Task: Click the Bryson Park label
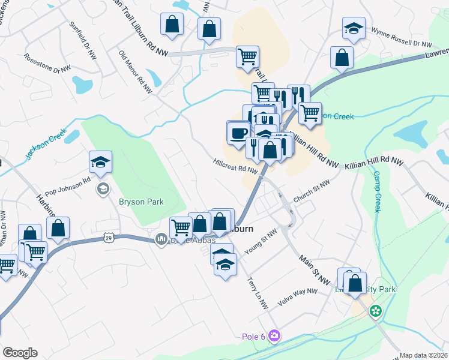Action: point(141,202)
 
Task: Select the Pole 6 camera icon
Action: point(275,335)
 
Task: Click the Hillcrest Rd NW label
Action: point(236,166)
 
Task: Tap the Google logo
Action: point(20,352)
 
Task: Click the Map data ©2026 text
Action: point(424,355)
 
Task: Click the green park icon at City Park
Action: point(376,311)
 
